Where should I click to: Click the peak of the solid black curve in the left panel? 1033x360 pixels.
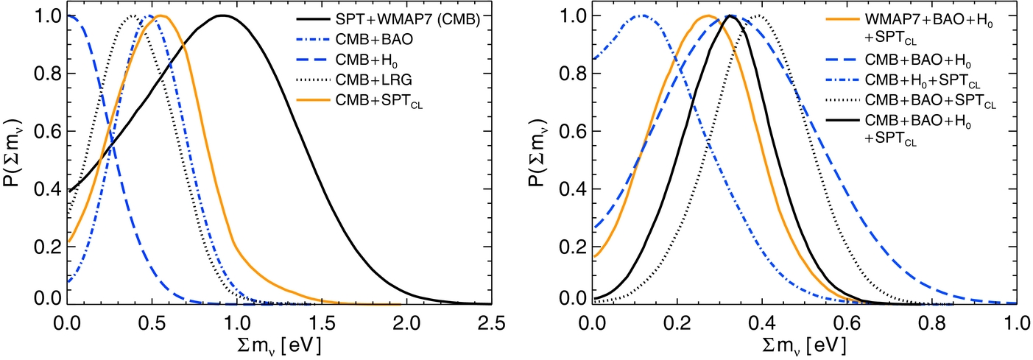(221, 15)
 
